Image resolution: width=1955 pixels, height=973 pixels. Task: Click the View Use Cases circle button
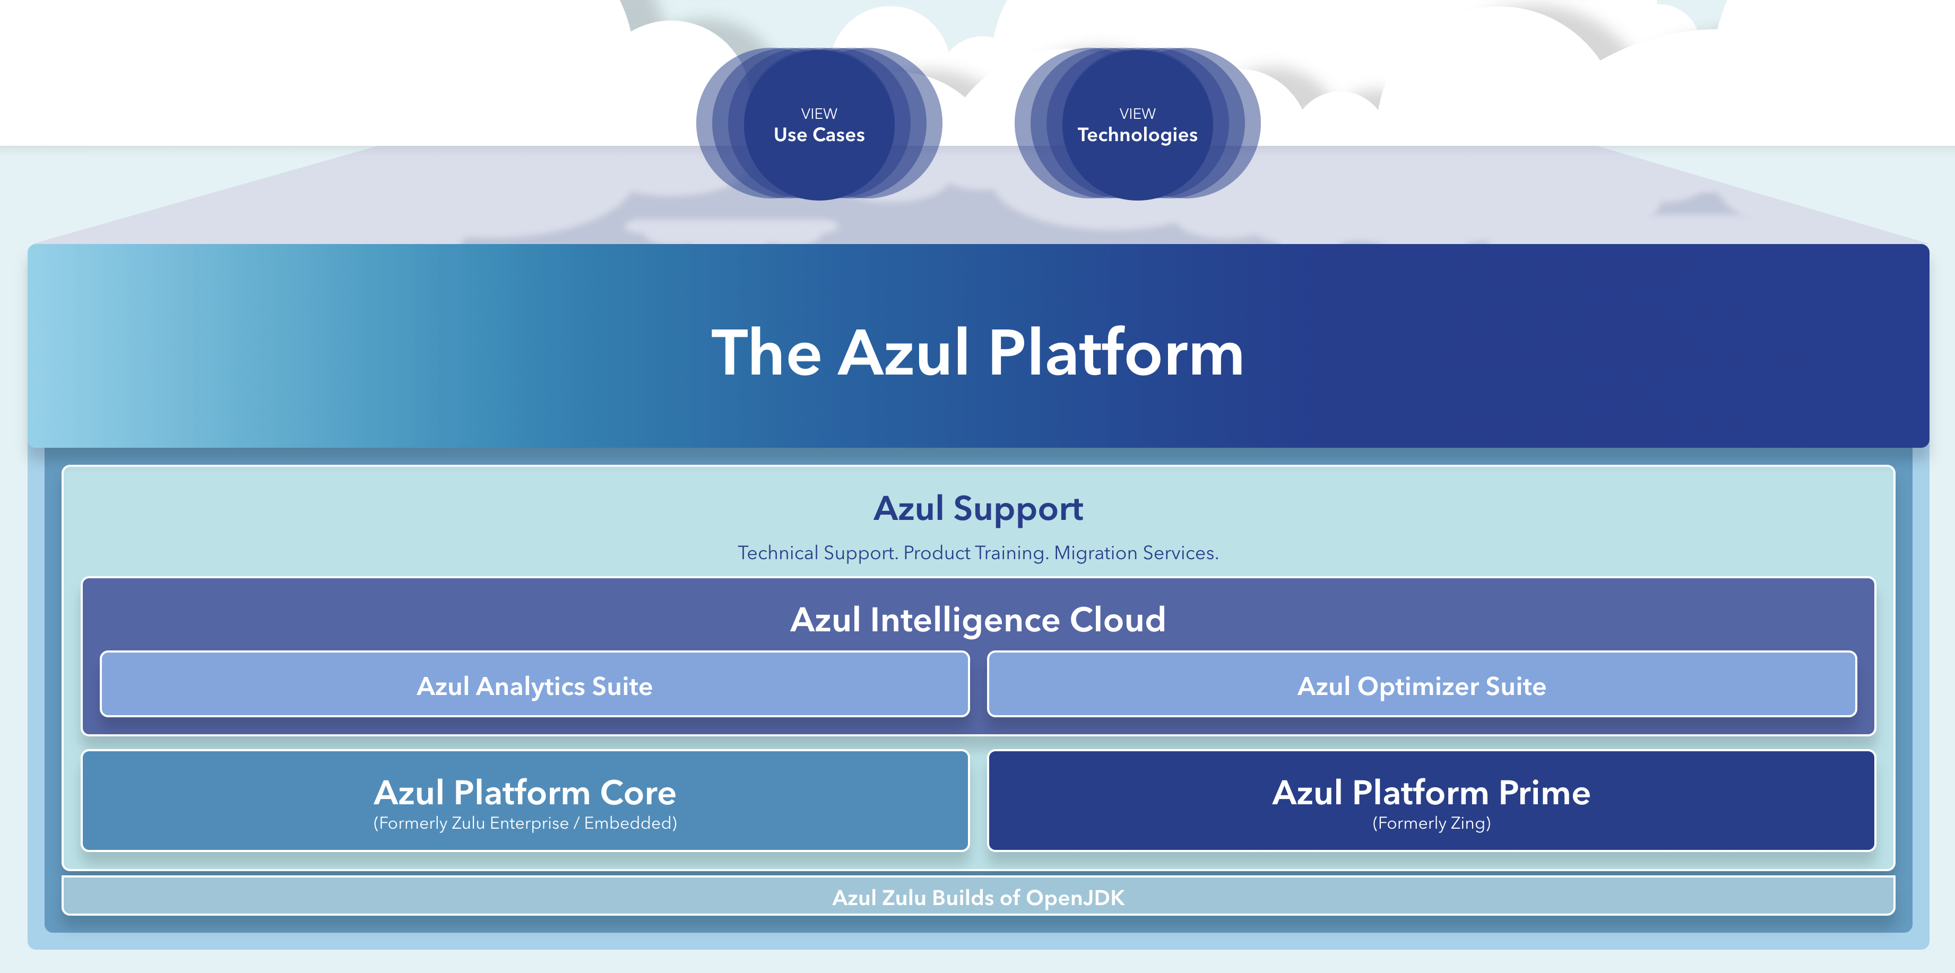819,125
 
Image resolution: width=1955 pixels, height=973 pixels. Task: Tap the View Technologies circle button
1137,125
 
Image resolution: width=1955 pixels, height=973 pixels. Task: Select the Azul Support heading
977,508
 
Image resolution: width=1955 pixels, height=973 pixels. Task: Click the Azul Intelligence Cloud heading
977,620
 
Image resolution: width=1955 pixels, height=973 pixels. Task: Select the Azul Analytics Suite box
534,686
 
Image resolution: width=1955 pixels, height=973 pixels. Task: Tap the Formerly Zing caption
1431,823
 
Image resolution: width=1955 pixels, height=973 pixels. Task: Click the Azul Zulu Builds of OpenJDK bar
977,898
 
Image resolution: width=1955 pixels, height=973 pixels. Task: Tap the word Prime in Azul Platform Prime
1544,793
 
